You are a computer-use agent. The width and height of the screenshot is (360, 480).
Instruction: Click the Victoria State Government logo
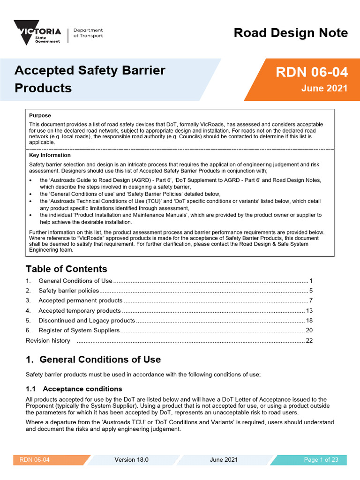[x=37, y=32]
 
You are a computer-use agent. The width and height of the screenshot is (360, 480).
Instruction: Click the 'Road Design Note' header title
[x=291, y=33]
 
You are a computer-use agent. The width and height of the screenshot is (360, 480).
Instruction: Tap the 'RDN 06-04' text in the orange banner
[x=311, y=72]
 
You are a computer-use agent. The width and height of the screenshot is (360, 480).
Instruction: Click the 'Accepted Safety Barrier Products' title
[x=90, y=79]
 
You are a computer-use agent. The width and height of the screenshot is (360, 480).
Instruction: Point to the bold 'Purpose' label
[x=40, y=115]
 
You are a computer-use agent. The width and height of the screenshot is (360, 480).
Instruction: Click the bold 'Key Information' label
[x=50, y=155]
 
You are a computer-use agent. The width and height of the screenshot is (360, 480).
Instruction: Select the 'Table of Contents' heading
[x=66, y=269]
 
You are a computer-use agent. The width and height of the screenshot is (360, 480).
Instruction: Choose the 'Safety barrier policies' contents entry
[x=68, y=291]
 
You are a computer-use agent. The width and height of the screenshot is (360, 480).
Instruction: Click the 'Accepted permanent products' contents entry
[x=80, y=300]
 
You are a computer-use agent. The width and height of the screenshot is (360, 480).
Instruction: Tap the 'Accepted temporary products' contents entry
[x=79, y=311]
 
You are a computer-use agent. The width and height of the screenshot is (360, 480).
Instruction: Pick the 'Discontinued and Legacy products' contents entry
[x=86, y=321]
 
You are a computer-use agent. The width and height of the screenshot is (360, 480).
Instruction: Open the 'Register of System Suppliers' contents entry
[x=79, y=330]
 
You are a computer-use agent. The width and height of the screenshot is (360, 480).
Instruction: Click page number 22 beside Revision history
[x=309, y=341]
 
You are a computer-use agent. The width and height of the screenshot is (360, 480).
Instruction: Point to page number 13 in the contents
[x=309, y=311]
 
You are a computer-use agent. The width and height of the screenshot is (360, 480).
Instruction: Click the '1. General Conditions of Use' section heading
[x=93, y=360]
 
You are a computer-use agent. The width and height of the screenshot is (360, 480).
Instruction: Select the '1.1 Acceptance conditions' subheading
[x=74, y=389]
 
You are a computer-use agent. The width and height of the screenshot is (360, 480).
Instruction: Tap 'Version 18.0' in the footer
[x=131, y=460]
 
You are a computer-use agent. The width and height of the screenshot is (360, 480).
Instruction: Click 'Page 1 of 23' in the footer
[x=321, y=460]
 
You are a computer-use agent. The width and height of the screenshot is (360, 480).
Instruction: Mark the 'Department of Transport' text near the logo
[x=88, y=33]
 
